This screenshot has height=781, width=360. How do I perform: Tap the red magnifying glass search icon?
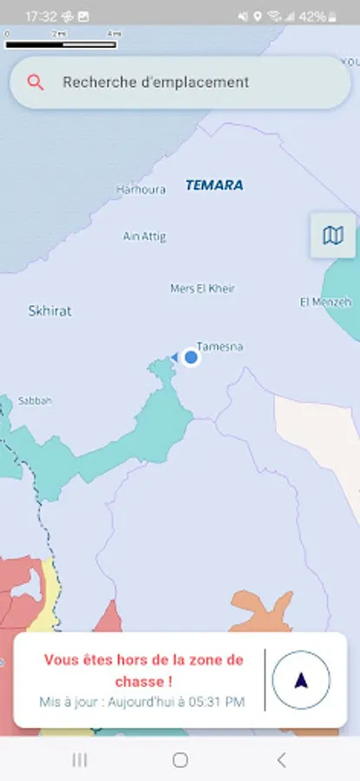tap(36, 82)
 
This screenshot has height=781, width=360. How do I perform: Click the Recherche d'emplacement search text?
tap(155, 82)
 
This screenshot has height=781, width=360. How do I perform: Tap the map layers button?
tap(332, 235)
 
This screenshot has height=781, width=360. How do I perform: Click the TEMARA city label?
tap(214, 185)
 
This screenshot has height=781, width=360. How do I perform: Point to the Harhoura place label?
tap(141, 189)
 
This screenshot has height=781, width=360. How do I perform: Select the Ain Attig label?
tap(144, 236)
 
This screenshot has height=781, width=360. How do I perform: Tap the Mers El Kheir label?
tap(202, 288)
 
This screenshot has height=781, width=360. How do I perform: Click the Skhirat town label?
tap(49, 310)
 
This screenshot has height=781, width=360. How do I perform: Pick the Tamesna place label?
tap(219, 347)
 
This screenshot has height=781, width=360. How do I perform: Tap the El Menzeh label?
tap(325, 302)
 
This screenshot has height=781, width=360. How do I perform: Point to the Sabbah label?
tap(35, 401)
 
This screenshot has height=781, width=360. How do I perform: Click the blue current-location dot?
tap(191, 357)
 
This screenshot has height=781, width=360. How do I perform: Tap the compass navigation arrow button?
tap(300, 680)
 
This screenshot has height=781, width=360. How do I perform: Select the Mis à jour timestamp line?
tap(141, 701)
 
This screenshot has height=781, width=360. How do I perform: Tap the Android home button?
tap(180, 760)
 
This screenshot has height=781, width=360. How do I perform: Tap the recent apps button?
tap(80, 760)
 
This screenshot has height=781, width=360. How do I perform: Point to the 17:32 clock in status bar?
tap(41, 16)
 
